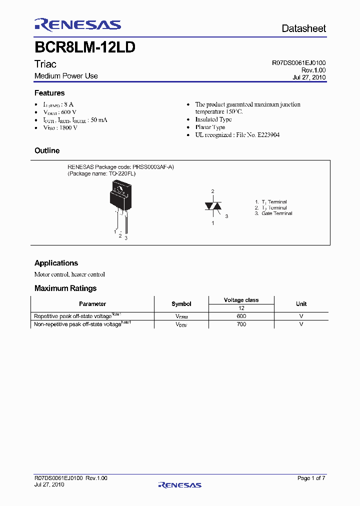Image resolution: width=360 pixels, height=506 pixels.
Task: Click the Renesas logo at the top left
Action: pyautogui.click(x=77, y=24)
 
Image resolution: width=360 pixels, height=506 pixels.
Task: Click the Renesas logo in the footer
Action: pyautogui.click(x=179, y=484)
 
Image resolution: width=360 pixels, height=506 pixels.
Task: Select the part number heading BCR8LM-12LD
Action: pyautogui.click(x=85, y=47)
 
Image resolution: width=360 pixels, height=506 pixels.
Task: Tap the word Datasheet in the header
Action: pyautogui.click(x=303, y=28)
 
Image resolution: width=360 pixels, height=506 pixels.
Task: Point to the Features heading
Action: pyautogui.click(x=49, y=93)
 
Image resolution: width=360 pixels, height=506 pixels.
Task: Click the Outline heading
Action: pyautogui.click(x=47, y=150)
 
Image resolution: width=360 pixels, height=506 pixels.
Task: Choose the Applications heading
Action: pyautogui.click(x=56, y=263)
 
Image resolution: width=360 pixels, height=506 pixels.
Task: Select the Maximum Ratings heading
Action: pyautogui.click(x=65, y=288)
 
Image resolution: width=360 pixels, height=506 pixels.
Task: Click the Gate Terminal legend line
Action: pyautogui.click(x=273, y=213)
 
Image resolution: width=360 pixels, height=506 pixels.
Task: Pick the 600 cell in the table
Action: pyautogui.click(x=241, y=316)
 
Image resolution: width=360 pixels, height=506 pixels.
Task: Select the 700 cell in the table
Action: pyautogui.click(x=241, y=324)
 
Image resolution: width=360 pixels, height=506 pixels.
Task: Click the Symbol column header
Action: pyautogui.click(x=181, y=303)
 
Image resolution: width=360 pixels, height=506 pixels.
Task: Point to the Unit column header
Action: pyautogui.click(x=301, y=303)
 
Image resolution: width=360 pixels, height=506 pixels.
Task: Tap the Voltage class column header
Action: pyautogui.click(x=241, y=300)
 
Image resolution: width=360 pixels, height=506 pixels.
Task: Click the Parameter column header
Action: pyautogui.click(x=92, y=303)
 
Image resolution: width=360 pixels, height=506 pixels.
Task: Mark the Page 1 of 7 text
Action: pyautogui.click(x=311, y=478)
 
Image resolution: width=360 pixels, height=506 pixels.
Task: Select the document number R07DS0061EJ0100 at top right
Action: pyautogui.click(x=298, y=63)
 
